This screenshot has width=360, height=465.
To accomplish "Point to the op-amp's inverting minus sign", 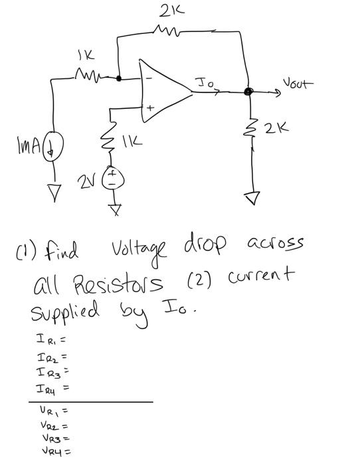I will pos(149,78).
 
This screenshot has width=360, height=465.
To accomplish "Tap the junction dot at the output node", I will pos(248,92).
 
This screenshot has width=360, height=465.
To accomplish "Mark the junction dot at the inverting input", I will pos(118,78).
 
